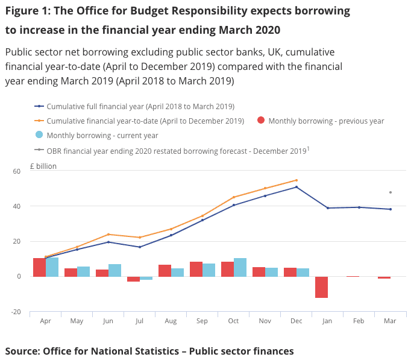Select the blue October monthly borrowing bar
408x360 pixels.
coord(240,267)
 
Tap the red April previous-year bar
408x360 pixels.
coord(39,267)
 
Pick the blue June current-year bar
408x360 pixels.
coord(115,270)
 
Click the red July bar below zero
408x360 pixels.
coord(133,279)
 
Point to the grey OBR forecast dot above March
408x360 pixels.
coord(391,192)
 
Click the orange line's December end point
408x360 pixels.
coord(297,180)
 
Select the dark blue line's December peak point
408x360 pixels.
coord(297,187)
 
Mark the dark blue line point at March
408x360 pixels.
coord(391,209)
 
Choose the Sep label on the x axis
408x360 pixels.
coord(202,321)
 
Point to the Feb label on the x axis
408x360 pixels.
coord(359,321)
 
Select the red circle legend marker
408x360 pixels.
coord(260,121)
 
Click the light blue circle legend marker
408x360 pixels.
coord(39,135)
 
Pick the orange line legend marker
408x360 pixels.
coord(39,121)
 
